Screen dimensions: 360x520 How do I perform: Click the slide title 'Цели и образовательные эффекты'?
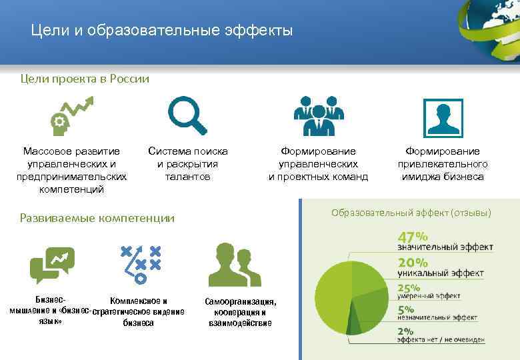162,31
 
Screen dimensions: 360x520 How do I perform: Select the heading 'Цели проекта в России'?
85,79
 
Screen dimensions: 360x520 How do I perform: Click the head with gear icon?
71,114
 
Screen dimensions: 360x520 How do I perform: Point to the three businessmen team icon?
318,116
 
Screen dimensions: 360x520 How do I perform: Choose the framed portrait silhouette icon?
443,117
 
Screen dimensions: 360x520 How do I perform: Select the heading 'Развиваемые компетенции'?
97,218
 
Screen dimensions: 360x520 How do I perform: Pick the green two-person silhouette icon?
233,265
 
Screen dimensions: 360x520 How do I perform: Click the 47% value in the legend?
413,237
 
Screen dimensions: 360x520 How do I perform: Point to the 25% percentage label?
409,288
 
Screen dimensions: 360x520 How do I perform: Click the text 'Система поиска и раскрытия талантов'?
187,164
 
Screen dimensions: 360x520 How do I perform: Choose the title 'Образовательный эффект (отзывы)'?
411,213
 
